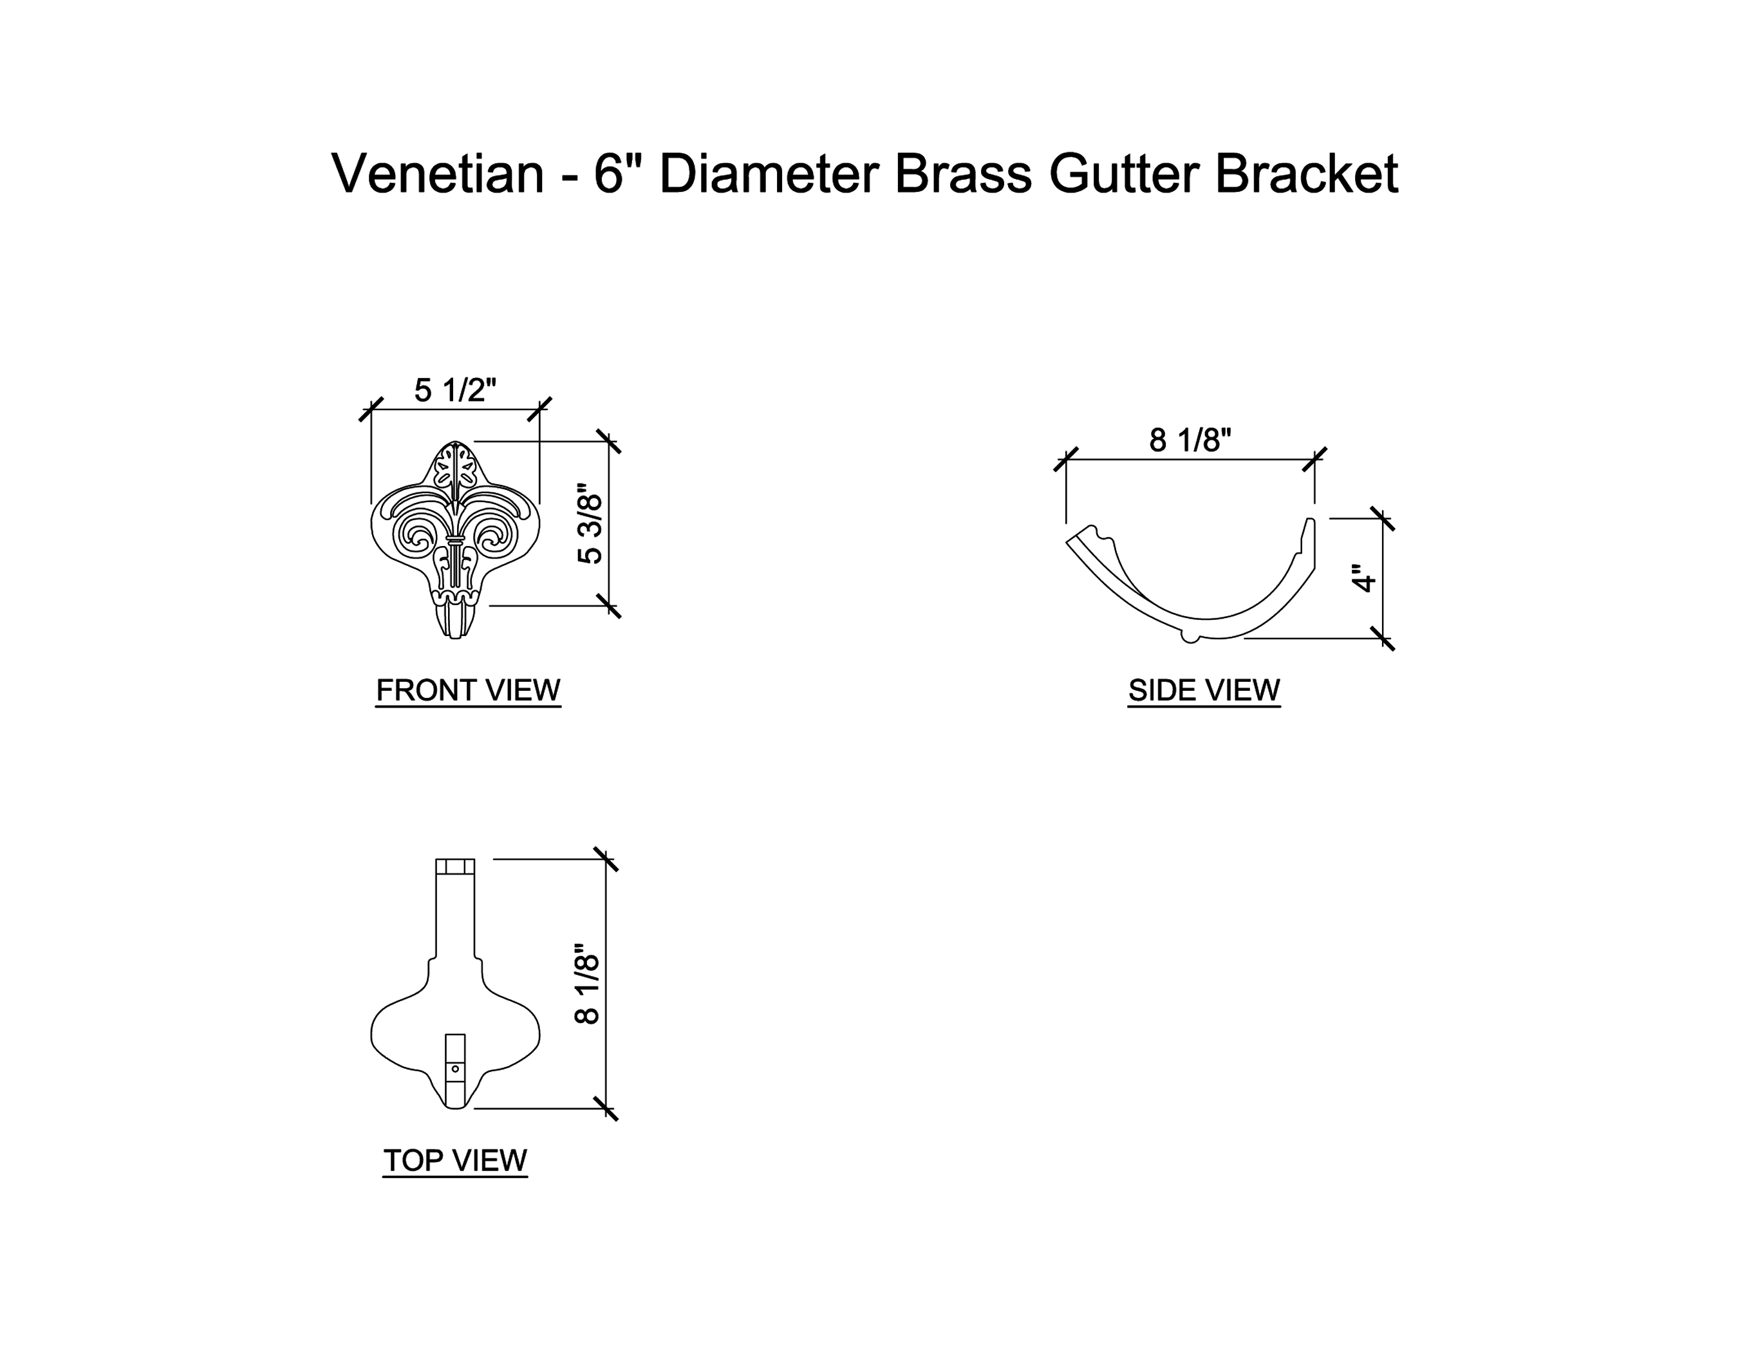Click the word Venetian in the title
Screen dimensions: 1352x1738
pos(437,174)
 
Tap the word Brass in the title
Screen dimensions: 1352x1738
pos(963,174)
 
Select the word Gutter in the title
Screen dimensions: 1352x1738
pos(1123,174)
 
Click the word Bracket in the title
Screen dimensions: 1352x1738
pos(1306,174)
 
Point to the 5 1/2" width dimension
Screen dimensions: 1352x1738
pos(454,391)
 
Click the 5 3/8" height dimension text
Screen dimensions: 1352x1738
pos(590,523)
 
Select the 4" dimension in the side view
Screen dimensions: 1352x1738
pos(1364,579)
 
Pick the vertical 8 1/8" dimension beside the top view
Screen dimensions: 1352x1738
pos(587,984)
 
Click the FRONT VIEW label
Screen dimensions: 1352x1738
pos(468,690)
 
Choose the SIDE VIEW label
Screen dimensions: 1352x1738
pos(1204,690)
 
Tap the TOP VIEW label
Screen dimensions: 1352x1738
pos(455,1160)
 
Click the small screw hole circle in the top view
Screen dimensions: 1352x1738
pos(455,1069)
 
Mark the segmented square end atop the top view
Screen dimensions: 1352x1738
pos(455,867)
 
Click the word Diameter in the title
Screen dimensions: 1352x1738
pos(769,174)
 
